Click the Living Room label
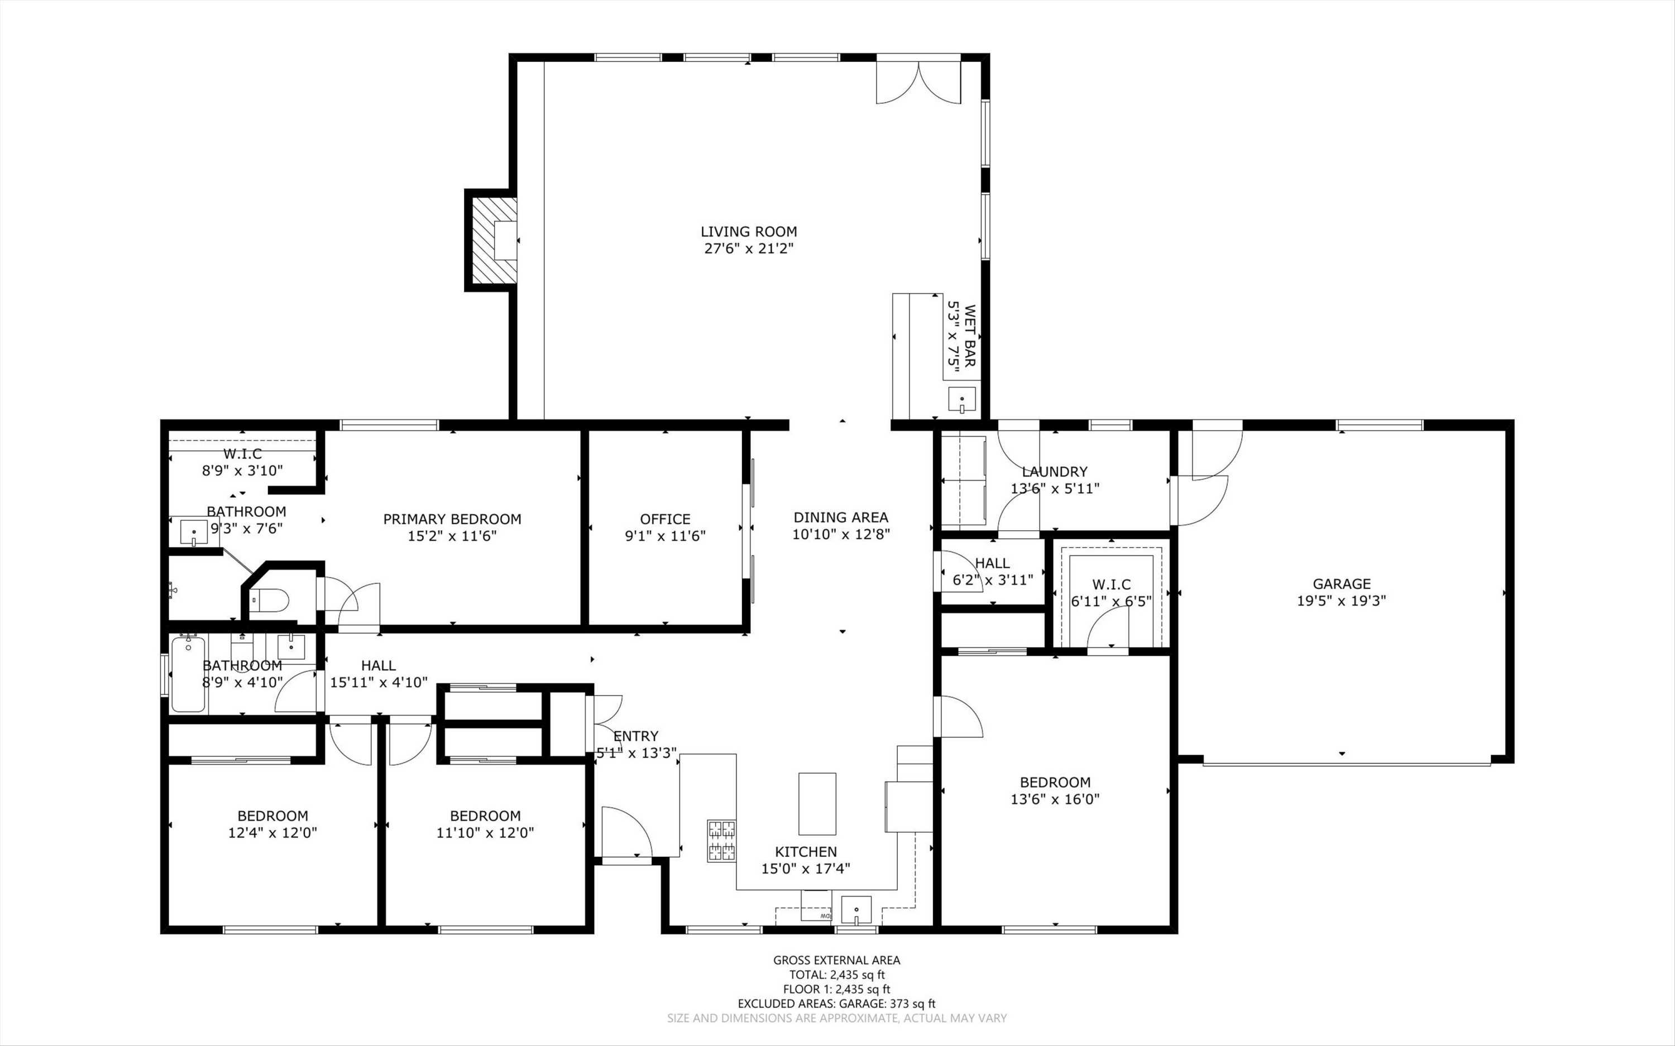pyautogui.click(x=749, y=232)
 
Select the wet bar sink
pyautogui.click(x=961, y=400)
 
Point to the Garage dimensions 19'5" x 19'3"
pyautogui.click(x=1342, y=601)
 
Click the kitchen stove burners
pyautogui.click(x=721, y=840)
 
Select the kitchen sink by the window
pyautogui.click(x=856, y=910)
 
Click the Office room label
pyautogui.click(x=665, y=519)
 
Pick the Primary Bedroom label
pyautogui.click(x=452, y=519)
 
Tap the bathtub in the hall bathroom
pyautogui.click(x=188, y=674)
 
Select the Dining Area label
pyautogui.click(x=841, y=517)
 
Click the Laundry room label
pyautogui.click(x=1054, y=472)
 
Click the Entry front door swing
pyautogui.click(x=625, y=833)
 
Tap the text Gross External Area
pyautogui.click(x=836, y=960)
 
